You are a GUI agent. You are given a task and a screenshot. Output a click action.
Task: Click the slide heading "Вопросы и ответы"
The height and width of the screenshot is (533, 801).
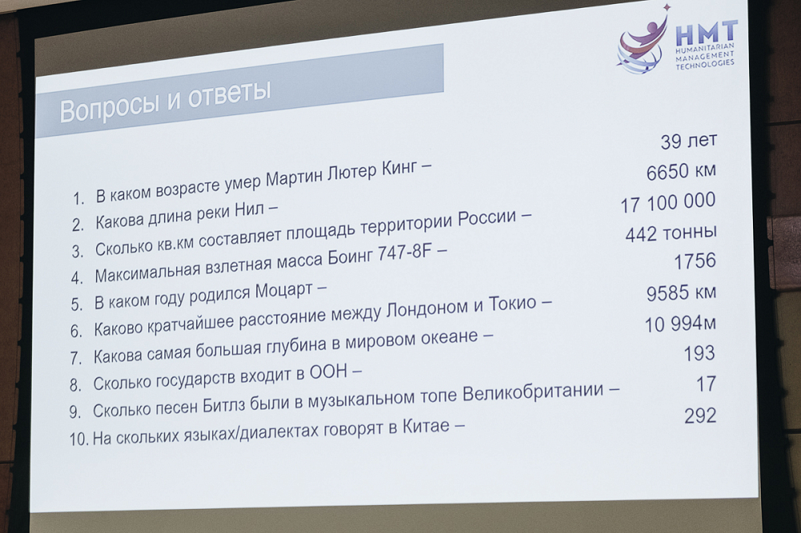point(165,102)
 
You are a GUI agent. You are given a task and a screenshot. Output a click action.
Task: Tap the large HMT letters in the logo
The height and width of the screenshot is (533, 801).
point(706,34)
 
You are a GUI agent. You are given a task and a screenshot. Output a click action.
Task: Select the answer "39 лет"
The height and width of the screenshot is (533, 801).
point(689,141)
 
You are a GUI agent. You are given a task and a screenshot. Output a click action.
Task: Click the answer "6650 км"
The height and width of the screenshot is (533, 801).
point(681,171)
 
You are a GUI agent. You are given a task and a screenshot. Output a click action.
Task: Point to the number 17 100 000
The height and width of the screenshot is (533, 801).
point(668,202)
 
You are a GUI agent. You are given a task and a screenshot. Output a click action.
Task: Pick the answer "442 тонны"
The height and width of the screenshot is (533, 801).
point(670,233)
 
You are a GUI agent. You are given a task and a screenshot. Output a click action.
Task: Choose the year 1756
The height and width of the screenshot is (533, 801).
point(694,262)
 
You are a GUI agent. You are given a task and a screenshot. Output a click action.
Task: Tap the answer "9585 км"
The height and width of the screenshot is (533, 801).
point(681,293)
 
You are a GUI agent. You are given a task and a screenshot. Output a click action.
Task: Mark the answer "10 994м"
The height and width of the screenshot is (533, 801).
point(680,323)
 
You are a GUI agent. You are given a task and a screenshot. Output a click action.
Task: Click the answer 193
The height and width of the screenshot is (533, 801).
point(698,353)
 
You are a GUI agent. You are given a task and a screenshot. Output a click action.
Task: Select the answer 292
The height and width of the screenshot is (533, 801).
point(700,415)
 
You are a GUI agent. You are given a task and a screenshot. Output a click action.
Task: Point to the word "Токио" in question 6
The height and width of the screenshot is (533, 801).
point(513,304)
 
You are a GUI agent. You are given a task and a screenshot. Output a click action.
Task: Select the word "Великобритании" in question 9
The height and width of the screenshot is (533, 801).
point(533,393)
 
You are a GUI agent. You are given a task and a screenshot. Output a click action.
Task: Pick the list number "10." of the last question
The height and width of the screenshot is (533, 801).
point(79,439)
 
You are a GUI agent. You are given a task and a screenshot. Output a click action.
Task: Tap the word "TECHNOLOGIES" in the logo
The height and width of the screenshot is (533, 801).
point(705,64)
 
